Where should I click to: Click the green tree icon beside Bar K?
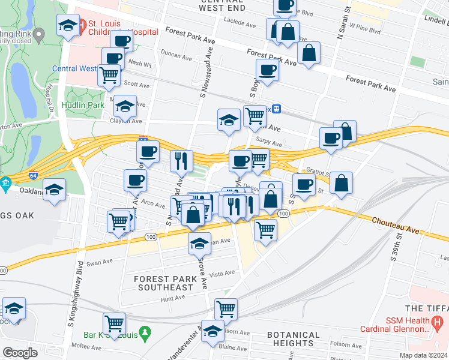pos(144,332)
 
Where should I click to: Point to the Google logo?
pos(20,352)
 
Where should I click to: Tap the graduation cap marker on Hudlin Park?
pos(125,106)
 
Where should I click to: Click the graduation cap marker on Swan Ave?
pos(200,243)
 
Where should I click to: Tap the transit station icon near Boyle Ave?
pos(276,109)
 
